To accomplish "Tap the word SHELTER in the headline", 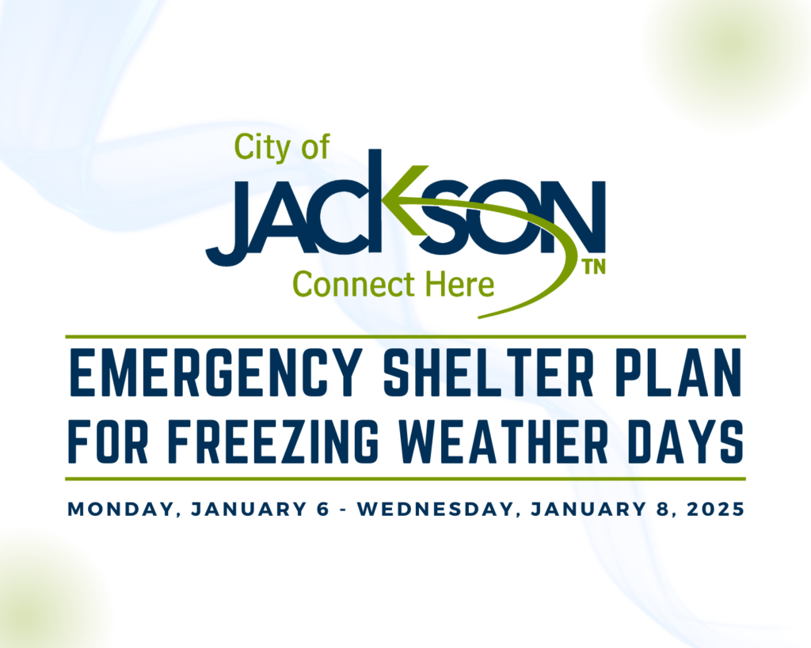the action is [489, 372].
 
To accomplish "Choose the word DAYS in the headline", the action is [686, 441].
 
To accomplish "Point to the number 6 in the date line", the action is [322, 510].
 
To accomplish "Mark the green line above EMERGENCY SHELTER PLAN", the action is [405, 336].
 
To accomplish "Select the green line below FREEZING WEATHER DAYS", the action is [405, 479].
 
